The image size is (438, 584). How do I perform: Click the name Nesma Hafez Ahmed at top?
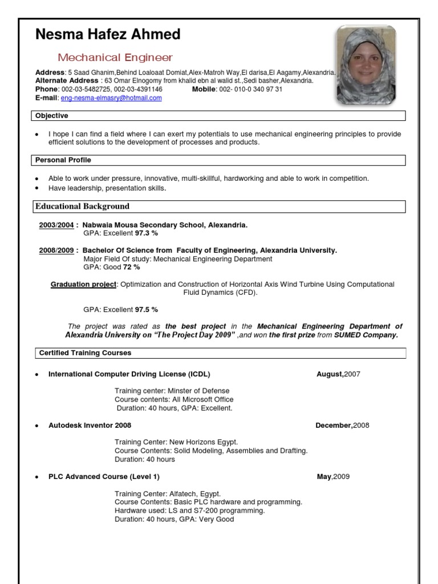point(108,35)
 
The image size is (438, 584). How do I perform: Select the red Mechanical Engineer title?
point(115,58)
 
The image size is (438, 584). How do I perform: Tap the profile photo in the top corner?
point(365,64)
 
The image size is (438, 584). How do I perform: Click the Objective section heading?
point(52,116)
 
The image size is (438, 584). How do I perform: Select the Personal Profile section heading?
point(63,160)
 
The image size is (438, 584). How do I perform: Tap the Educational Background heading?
point(82,206)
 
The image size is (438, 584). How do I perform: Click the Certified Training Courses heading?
point(85,353)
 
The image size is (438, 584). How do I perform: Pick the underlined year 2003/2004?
point(56,225)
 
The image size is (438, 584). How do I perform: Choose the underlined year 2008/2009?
point(56,250)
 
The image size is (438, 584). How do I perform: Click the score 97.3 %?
point(146,233)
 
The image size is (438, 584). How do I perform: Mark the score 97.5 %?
point(146,310)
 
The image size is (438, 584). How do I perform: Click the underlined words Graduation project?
point(84,284)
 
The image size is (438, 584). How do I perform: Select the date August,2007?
point(338,374)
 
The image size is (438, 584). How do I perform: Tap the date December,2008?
point(342,425)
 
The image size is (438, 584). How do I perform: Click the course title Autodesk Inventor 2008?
point(90,425)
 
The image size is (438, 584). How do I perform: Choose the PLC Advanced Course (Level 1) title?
point(104,476)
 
